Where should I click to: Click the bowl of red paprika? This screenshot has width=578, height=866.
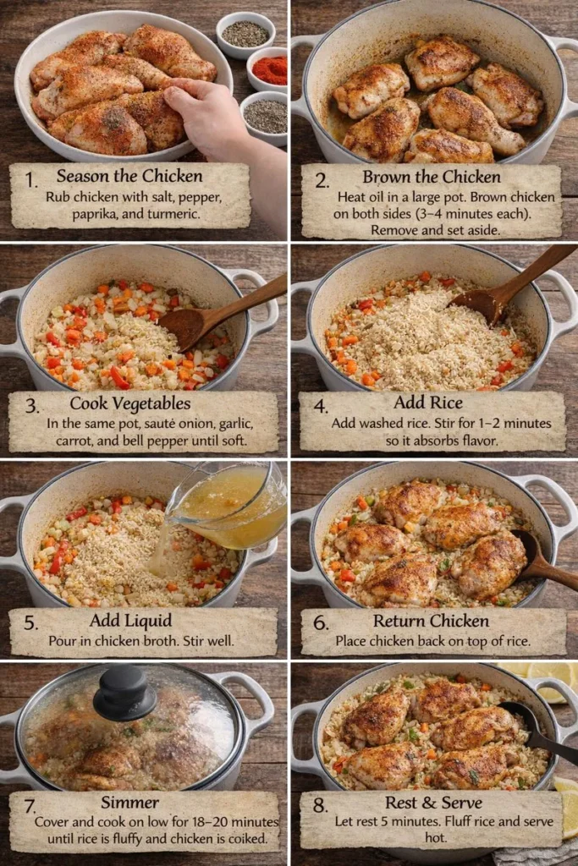[x=269, y=70]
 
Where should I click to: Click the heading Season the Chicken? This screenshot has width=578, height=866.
[x=129, y=177]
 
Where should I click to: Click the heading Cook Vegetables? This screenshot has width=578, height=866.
[x=129, y=403]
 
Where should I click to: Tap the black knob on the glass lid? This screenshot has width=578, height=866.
[x=124, y=692]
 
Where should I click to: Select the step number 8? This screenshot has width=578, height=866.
[x=319, y=805]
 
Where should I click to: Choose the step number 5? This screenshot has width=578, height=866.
[x=31, y=623]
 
